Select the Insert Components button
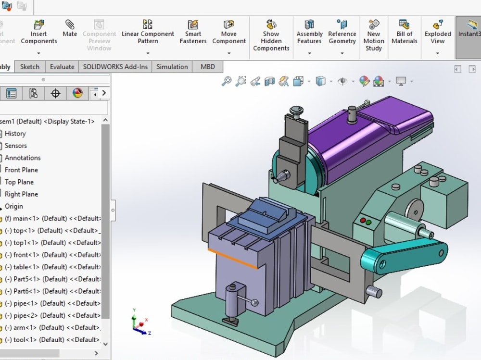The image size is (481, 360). (x=39, y=31)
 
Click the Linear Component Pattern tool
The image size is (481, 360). (x=148, y=31)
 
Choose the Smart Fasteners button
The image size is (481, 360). (x=193, y=31)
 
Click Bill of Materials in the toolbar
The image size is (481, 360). (x=404, y=31)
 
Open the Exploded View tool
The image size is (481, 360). (x=437, y=31)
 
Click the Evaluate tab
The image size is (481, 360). (x=62, y=67)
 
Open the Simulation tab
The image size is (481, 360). (x=172, y=67)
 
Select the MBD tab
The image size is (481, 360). (x=208, y=67)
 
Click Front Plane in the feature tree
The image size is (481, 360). (x=21, y=170)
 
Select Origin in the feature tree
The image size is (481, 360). (x=14, y=206)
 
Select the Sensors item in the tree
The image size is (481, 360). (x=16, y=146)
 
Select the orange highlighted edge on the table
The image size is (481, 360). (x=233, y=257)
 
